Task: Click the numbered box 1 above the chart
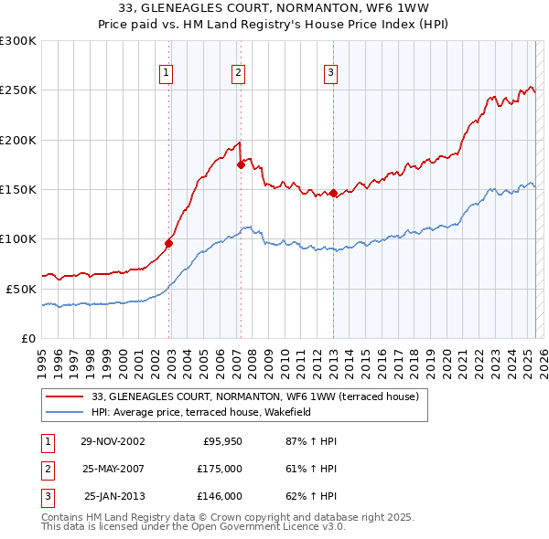(x=167, y=74)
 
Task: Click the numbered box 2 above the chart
(x=238, y=74)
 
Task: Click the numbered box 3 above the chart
(x=330, y=74)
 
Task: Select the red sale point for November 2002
(x=169, y=243)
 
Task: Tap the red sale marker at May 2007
(x=241, y=165)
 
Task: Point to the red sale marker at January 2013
(x=333, y=194)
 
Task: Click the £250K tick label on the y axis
(x=18, y=90)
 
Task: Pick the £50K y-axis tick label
(x=21, y=289)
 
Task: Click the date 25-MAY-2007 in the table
(x=112, y=469)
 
